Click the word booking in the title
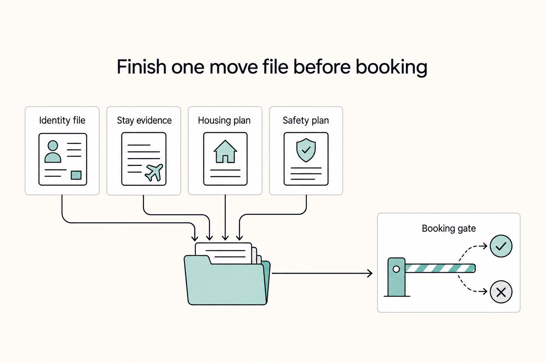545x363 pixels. coord(391,67)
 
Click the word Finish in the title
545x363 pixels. coord(142,66)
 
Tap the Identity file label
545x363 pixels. coord(62,121)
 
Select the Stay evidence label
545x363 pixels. coord(144,121)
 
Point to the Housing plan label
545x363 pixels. coord(224,121)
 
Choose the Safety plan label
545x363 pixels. coord(306,121)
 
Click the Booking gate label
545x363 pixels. coord(448,229)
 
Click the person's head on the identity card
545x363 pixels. coord(53,146)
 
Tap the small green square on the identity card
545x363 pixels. coord(76,175)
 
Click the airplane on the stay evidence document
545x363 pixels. coord(154,172)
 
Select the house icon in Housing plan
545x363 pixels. coord(225,151)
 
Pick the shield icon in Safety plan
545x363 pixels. coord(306,150)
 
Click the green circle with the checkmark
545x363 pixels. coord(501,246)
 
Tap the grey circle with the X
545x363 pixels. coord(501,292)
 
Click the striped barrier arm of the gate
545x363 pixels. coord(440,268)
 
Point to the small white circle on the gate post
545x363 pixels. coord(396,269)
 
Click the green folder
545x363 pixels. coord(227,280)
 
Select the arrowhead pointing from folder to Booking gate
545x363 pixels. coord(370,273)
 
